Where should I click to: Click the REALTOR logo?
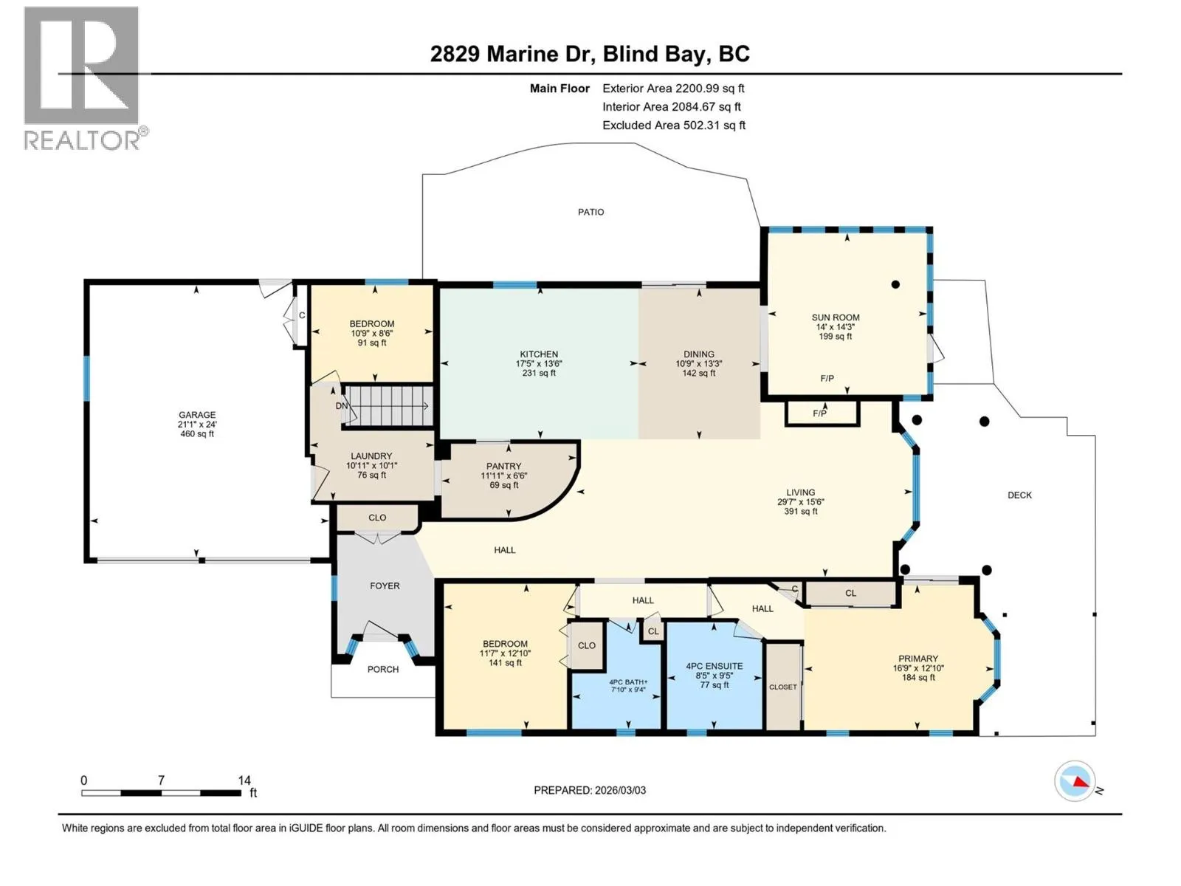[x=85, y=79]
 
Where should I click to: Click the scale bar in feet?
[x=162, y=792]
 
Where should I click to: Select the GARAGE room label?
[x=197, y=415]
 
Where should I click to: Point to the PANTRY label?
[x=503, y=466]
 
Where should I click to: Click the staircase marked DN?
[x=388, y=405]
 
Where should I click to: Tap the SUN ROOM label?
[x=835, y=317]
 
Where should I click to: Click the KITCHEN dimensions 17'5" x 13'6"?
[x=539, y=364]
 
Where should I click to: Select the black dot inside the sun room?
[x=895, y=284]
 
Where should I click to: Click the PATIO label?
[x=590, y=213]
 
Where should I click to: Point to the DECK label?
[x=1019, y=495]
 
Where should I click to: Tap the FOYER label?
[x=385, y=585]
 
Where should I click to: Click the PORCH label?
[x=383, y=669]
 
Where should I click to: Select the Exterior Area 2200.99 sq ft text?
[x=673, y=89]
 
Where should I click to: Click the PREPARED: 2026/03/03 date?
[x=590, y=790]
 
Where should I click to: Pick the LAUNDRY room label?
[x=371, y=456]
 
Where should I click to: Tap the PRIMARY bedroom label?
[x=918, y=659]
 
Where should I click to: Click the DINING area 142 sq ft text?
[x=698, y=374]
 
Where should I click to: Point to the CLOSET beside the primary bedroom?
[x=783, y=687]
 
